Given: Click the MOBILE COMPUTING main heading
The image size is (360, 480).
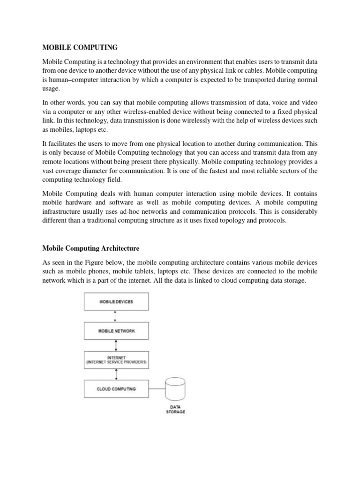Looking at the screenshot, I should click(x=80, y=47).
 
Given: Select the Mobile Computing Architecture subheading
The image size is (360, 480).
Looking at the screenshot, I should click(x=91, y=247).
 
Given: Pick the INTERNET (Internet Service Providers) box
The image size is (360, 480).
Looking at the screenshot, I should click(x=116, y=360).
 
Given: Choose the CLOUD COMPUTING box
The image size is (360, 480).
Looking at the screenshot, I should click(x=116, y=389).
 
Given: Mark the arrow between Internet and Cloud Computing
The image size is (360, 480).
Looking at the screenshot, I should click(x=116, y=374).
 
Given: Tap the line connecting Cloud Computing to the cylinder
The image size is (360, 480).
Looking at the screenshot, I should click(x=157, y=389).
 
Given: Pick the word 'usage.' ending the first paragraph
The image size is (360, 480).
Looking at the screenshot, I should click(x=51, y=89).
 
